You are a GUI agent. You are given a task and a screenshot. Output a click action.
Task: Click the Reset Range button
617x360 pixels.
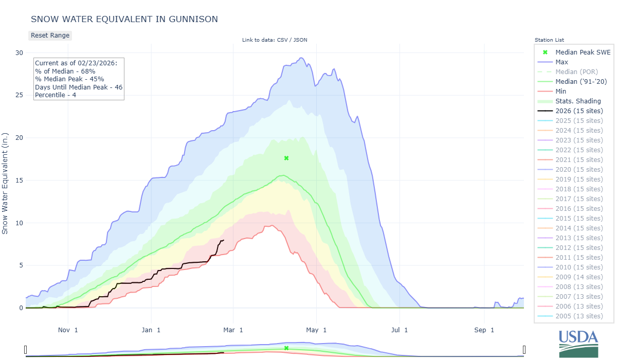(50, 35)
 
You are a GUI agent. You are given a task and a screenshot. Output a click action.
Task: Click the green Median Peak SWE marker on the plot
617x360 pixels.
(286, 158)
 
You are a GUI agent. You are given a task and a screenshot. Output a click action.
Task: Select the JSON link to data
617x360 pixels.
(300, 40)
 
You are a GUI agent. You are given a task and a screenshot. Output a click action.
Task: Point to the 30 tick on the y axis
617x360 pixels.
(19, 52)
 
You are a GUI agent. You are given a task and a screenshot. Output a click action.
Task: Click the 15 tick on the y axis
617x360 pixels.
(19, 180)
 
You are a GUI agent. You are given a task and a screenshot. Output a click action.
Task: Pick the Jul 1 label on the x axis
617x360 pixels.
(399, 330)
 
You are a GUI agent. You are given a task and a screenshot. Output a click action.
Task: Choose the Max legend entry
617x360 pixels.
(561, 62)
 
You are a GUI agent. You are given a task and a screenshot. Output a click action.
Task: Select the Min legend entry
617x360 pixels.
(561, 91)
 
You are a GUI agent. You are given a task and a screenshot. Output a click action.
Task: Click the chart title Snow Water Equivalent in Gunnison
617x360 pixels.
(124, 19)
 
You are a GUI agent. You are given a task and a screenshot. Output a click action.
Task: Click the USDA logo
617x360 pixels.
(578, 343)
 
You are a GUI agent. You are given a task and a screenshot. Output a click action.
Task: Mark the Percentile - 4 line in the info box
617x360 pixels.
(56, 95)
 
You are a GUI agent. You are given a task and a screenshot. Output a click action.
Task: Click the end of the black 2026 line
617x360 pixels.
(224, 240)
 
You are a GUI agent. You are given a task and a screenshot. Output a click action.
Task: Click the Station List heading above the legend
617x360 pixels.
(549, 40)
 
